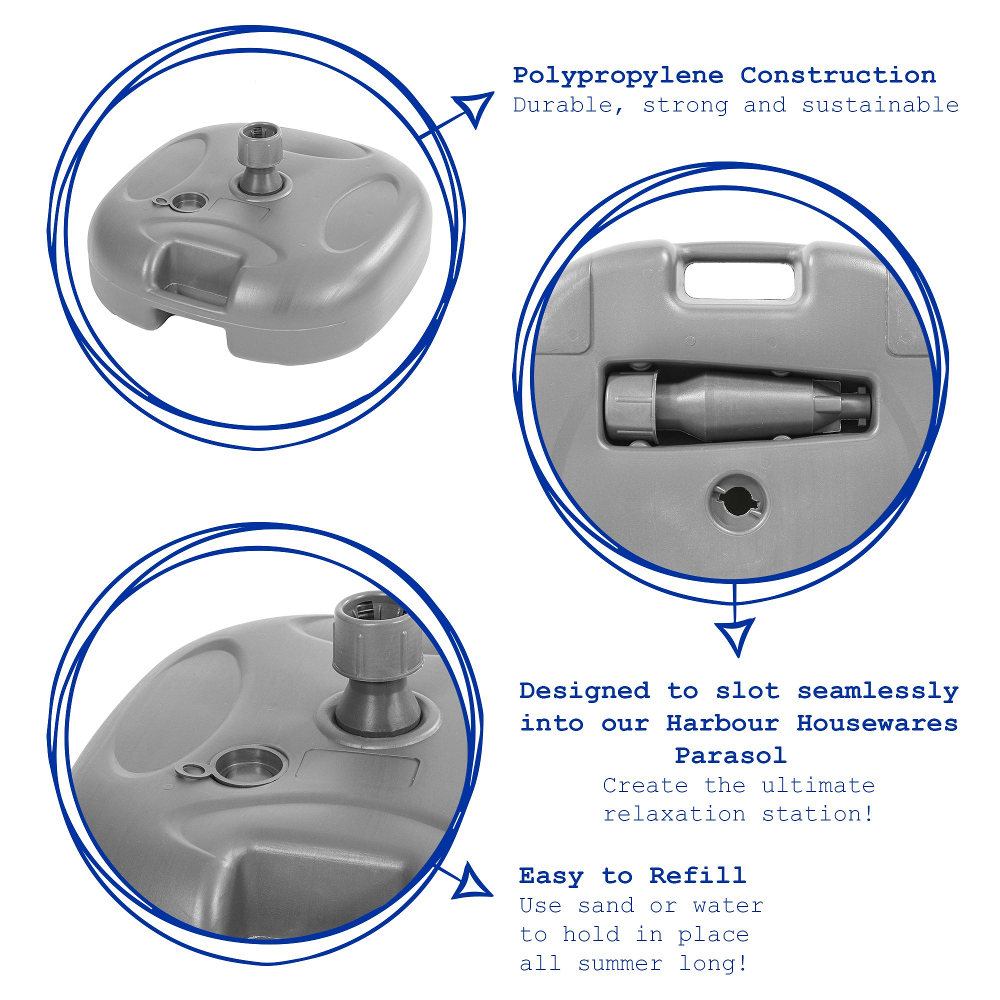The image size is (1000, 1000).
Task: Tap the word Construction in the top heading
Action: [838, 75]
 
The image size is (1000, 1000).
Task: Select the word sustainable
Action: [880, 105]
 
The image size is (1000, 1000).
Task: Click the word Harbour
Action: [722, 723]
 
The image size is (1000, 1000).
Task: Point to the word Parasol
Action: [731, 755]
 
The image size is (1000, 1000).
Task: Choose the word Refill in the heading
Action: [697, 875]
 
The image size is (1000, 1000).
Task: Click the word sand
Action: [606, 906]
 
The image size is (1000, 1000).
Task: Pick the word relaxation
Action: [674, 814]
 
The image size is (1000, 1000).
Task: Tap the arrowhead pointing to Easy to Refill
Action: [472, 882]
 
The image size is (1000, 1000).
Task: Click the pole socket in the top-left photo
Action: [259, 160]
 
